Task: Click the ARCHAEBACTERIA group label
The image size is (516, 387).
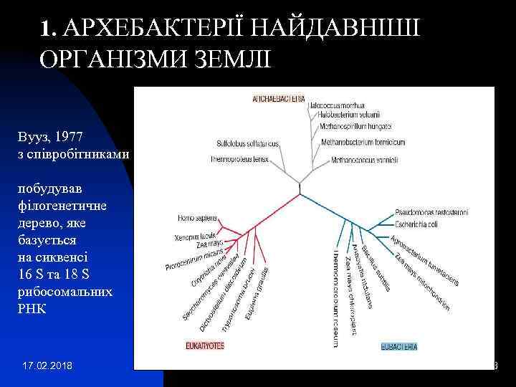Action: coord(279,97)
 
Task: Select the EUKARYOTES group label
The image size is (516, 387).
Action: coord(204,345)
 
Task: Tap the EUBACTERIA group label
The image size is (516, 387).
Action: coord(398,347)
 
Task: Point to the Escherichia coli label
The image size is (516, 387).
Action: coord(421,224)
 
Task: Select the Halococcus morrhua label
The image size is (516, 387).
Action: coord(337,105)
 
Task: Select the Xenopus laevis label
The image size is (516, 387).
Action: coord(194,236)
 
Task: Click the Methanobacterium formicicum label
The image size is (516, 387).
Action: coord(370,143)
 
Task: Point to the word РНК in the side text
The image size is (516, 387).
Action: coord(34,309)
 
